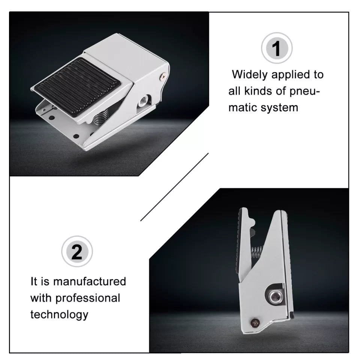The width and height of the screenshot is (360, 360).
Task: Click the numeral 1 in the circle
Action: (276, 48)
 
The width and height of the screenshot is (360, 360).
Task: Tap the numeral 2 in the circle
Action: (76, 252)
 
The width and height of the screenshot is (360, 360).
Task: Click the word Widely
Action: (250, 75)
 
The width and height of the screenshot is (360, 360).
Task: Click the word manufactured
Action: (90, 281)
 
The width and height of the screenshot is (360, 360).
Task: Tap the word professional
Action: (88, 298)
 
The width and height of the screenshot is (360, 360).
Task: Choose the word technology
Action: (59, 315)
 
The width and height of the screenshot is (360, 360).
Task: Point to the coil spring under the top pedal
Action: (100, 116)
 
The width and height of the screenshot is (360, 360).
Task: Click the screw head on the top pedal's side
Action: (163, 76)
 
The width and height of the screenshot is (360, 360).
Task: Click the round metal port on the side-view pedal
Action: (274, 297)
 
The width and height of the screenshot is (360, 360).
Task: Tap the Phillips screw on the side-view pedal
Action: (255, 323)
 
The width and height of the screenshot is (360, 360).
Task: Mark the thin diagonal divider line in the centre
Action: (174, 187)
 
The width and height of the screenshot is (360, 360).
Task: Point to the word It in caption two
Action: (34, 281)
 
